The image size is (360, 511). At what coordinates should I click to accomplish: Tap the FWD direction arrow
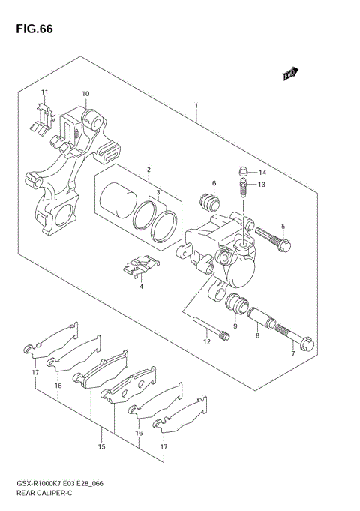(x=291, y=74)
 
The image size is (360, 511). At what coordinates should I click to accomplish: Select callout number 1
(x=196, y=106)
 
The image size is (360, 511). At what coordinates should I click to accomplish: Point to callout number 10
(x=85, y=94)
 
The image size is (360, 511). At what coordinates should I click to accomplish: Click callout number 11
(x=45, y=92)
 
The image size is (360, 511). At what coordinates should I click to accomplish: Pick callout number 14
(x=262, y=173)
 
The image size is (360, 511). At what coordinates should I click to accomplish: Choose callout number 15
(x=102, y=447)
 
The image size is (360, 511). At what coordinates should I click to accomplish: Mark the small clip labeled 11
(x=44, y=115)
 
